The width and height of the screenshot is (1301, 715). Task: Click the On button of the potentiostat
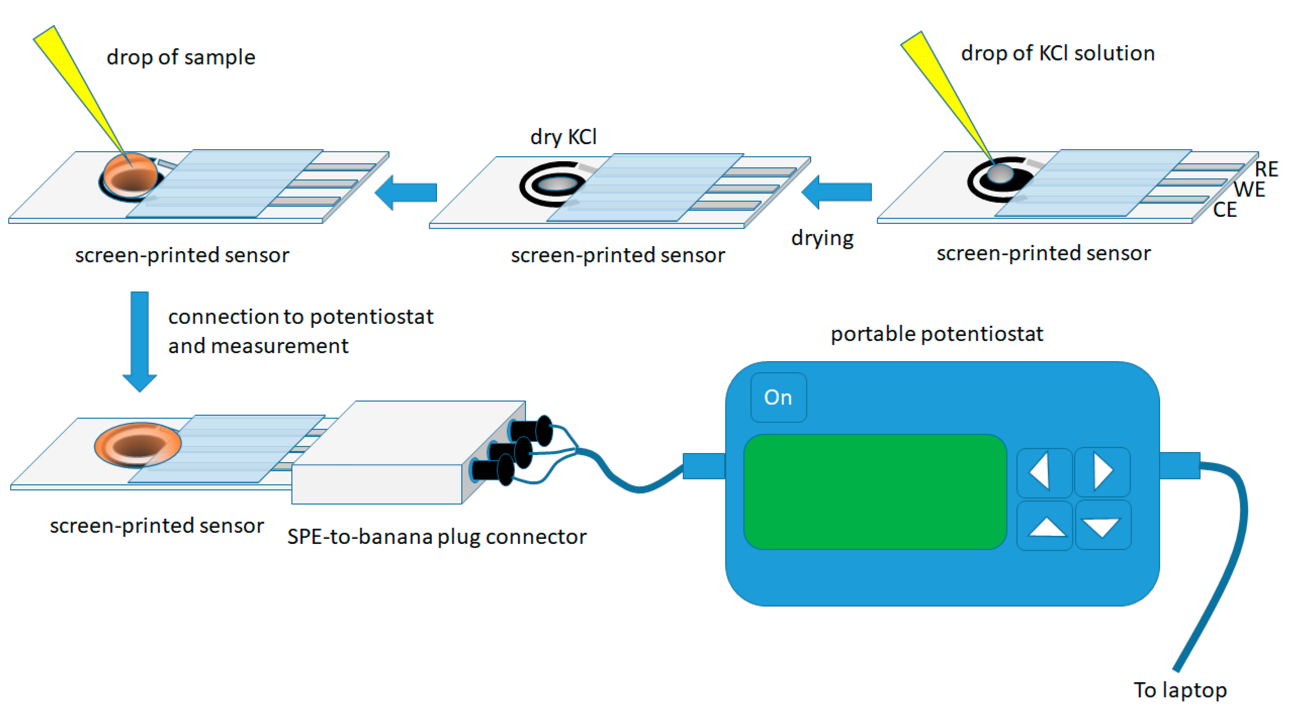point(778,398)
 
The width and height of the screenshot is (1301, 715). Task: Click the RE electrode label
point(1266,169)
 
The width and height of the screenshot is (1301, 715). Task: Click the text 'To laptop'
point(1180,690)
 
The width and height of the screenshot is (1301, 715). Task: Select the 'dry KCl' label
point(563,137)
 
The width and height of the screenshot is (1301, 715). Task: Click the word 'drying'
point(822,238)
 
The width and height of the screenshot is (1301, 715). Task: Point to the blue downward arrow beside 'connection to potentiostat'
point(139,341)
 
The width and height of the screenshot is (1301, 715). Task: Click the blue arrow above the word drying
point(837,192)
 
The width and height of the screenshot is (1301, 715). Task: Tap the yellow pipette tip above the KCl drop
point(944,91)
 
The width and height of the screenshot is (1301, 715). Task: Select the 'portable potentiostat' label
point(936,334)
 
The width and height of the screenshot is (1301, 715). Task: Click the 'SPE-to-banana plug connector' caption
point(436,537)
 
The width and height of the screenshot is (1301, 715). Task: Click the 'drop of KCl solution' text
point(1058,54)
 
